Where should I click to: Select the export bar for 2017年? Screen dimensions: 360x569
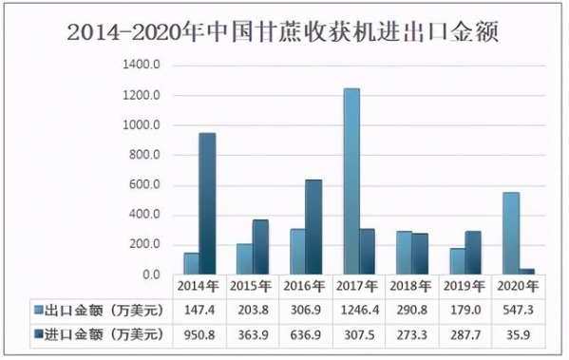[x=351, y=181]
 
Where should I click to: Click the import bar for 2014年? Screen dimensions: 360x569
[x=206, y=203]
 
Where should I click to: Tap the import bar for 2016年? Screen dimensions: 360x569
[x=313, y=227]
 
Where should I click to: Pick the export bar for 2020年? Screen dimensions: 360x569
[x=511, y=234]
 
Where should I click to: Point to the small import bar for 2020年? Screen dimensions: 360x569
[x=526, y=272]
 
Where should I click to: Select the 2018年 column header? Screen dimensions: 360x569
[x=411, y=285]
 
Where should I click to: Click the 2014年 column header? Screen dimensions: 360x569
[x=199, y=285]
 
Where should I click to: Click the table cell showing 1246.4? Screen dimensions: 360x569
[x=358, y=310]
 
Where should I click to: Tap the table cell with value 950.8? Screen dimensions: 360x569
[x=199, y=334]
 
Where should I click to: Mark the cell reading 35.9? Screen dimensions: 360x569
[x=519, y=334]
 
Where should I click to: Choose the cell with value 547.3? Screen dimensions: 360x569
[x=519, y=310]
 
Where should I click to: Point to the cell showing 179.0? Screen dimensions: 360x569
[x=465, y=310]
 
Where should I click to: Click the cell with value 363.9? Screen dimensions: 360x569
[x=252, y=334]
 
